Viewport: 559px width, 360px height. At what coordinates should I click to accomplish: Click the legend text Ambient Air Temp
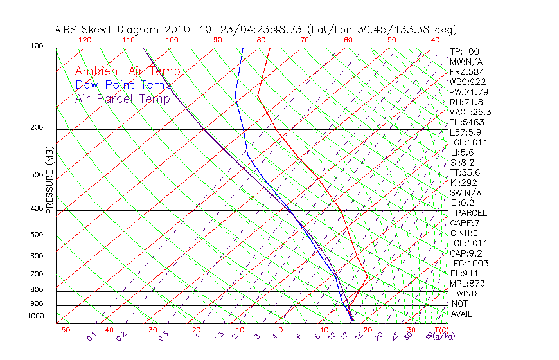coord(127,71)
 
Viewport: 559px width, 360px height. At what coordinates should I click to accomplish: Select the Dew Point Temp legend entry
coord(123,85)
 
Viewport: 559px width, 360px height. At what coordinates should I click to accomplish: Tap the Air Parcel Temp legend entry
coord(122,98)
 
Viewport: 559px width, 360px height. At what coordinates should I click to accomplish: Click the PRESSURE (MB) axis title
coord(50,181)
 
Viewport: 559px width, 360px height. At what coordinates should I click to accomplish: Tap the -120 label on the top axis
coord(82,40)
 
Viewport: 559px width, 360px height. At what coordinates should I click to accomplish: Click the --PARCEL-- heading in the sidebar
coord(472,213)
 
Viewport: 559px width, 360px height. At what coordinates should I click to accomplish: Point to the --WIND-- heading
coord(467,293)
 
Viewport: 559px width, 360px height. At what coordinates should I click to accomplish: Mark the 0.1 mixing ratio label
coord(91,336)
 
